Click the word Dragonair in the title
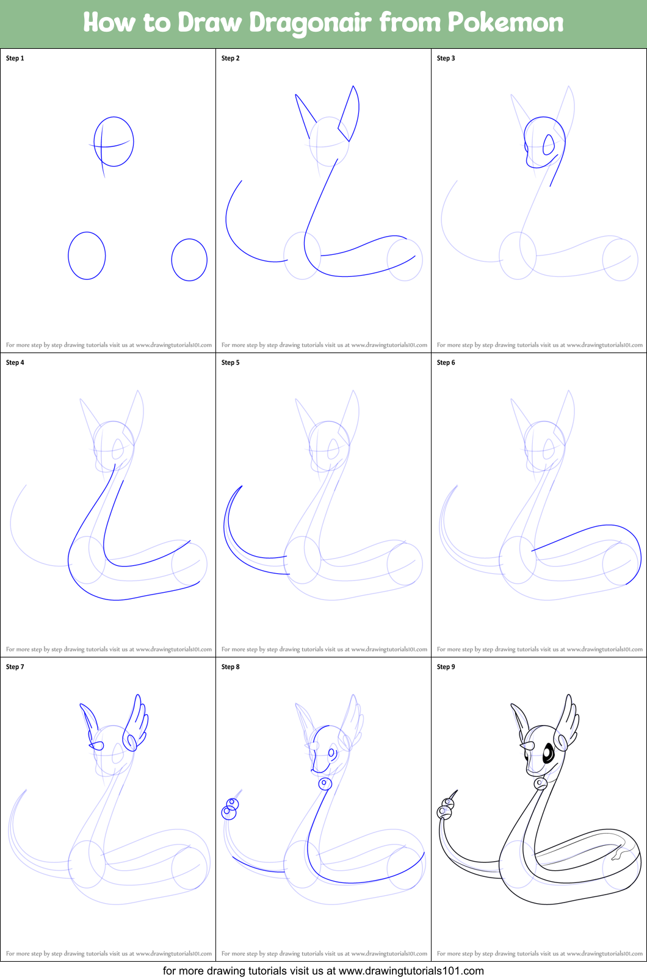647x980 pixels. click(310, 23)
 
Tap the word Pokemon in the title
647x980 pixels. click(505, 23)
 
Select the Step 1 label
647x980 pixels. click(15, 59)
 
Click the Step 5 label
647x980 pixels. click(231, 363)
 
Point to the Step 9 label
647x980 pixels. click(446, 667)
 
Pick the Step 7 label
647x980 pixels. click(15, 667)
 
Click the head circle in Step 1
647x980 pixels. click(114, 141)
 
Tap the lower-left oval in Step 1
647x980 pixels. click(87, 256)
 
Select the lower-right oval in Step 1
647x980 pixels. click(189, 260)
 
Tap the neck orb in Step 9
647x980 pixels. click(540, 783)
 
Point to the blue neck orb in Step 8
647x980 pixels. click(325, 784)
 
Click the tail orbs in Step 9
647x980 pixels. click(446, 809)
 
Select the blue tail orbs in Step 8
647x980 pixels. click(231, 809)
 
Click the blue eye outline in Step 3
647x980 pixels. click(549, 145)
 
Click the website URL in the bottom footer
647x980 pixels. click(411, 970)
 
